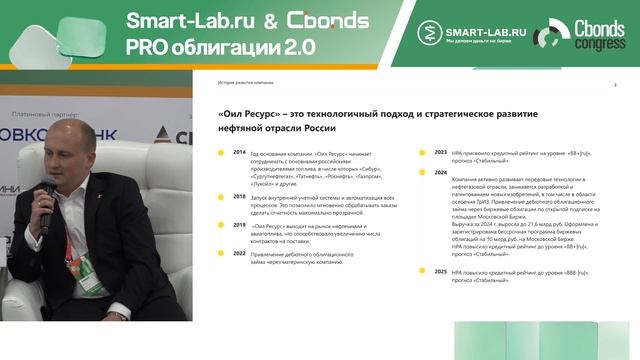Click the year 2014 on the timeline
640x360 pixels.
coord(239,152)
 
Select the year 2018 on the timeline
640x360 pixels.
coord(239,196)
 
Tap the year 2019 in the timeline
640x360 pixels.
coord(239,226)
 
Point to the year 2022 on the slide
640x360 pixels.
coord(239,254)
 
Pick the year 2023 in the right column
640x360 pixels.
coord(440,152)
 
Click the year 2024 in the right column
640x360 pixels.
coord(440,173)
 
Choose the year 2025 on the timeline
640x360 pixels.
coord(440,271)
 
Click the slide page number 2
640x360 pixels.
coord(615,85)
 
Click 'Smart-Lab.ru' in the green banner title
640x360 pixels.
coord(187,21)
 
